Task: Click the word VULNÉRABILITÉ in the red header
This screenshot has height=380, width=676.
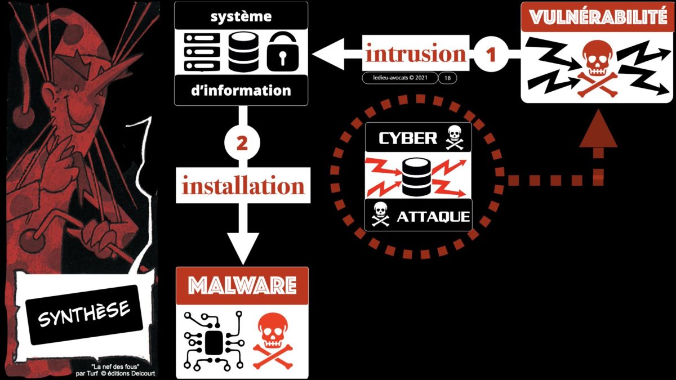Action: (x=598, y=17)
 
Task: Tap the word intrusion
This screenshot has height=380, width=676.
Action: (x=416, y=55)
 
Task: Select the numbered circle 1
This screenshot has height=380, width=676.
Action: (x=490, y=55)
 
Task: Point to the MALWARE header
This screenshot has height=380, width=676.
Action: (x=242, y=285)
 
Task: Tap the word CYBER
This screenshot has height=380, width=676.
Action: (x=408, y=138)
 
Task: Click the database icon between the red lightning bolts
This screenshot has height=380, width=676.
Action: (x=417, y=177)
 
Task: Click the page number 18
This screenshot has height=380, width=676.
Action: (x=447, y=78)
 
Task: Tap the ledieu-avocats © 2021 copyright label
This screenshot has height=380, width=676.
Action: (x=400, y=78)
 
